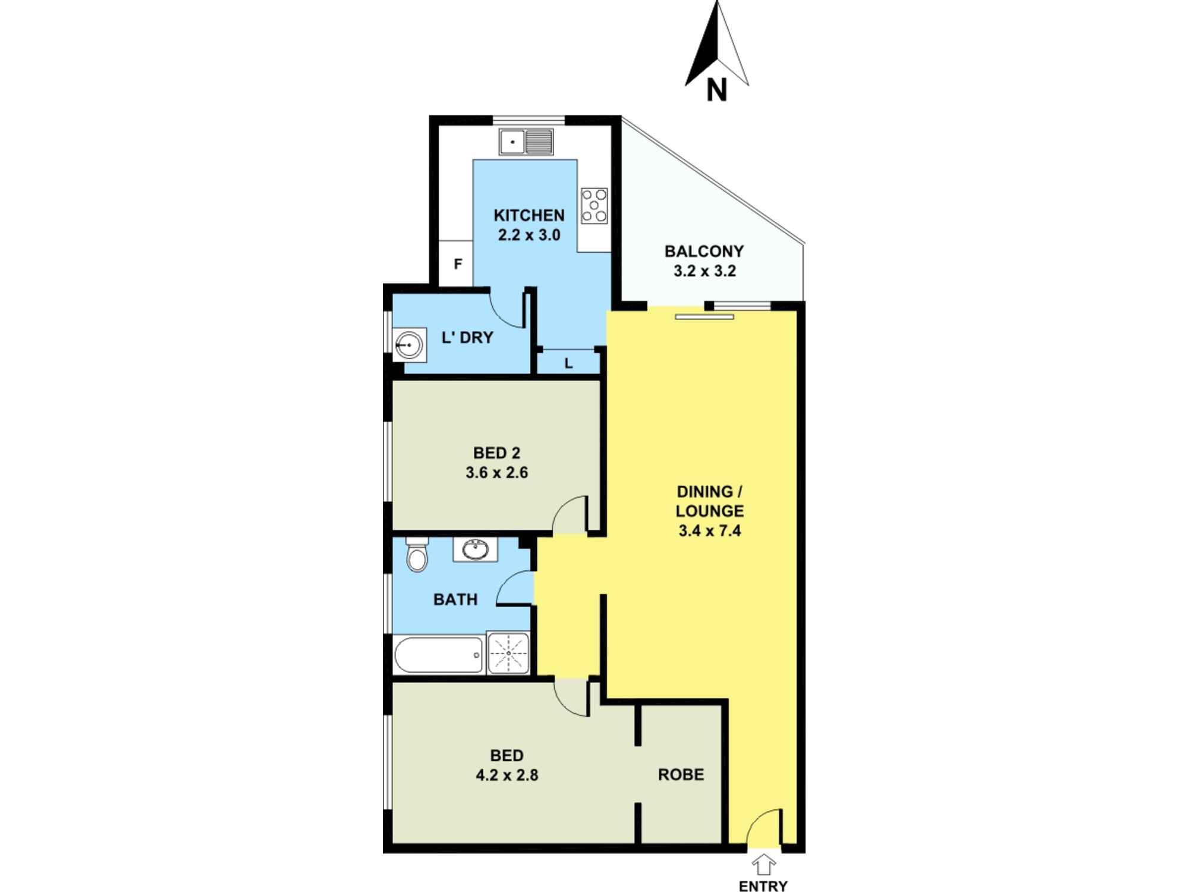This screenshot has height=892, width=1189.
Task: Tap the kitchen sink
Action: click(526, 142)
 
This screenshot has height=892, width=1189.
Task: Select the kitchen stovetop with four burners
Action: click(594, 205)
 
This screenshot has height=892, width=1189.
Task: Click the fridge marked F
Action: click(457, 263)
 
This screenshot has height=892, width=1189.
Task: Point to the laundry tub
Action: click(409, 344)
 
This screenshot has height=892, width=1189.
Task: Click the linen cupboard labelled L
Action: click(568, 363)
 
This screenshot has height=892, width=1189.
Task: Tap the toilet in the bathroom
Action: click(417, 554)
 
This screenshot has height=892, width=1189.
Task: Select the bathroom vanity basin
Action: click(475, 549)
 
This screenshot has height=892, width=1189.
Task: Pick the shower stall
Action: click(508, 653)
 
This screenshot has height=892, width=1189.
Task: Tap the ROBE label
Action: click(681, 774)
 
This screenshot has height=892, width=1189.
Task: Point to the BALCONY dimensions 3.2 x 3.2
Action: click(704, 271)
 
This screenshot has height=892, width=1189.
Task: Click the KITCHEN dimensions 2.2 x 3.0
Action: click(529, 235)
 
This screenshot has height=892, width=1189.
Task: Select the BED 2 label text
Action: click(496, 453)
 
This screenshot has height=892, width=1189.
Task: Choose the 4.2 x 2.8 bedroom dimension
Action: click(507, 775)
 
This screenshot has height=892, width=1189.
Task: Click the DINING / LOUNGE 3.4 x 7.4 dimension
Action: click(709, 530)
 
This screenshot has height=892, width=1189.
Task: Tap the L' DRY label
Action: click(467, 338)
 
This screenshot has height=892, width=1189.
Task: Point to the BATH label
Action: click(455, 599)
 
